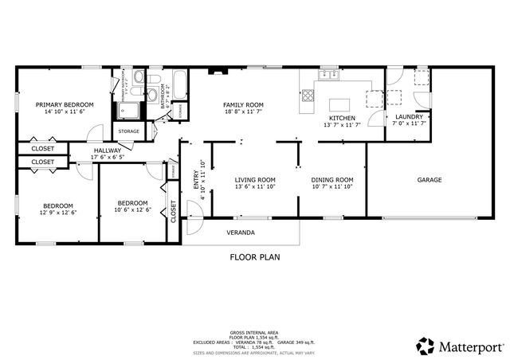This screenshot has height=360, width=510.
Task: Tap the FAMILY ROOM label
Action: pyautogui.click(x=243, y=105)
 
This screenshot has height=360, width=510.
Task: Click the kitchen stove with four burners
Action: pyautogui.click(x=307, y=99)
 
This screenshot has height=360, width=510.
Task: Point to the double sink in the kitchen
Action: pyautogui.click(x=327, y=76)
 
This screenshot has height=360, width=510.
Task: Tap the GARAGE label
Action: pyautogui.click(x=430, y=180)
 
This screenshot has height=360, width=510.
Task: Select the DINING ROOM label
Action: pyautogui.click(x=331, y=180)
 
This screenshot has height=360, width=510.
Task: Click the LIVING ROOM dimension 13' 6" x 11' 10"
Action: pyautogui.click(x=255, y=188)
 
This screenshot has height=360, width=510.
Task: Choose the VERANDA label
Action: pyautogui.click(x=241, y=233)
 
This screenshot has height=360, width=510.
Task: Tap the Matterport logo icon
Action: pyautogui.click(x=425, y=346)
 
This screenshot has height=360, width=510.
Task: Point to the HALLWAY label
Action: pyautogui.click(x=108, y=150)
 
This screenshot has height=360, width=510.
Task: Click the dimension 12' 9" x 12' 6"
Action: pyautogui.click(x=58, y=213)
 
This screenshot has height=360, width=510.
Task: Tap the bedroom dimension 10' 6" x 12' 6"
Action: pyautogui.click(x=132, y=210)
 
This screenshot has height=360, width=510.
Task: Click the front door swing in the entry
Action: pyautogui.click(x=191, y=209)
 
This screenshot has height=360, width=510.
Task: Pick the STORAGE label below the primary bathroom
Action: pyautogui.click(x=129, y=131)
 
